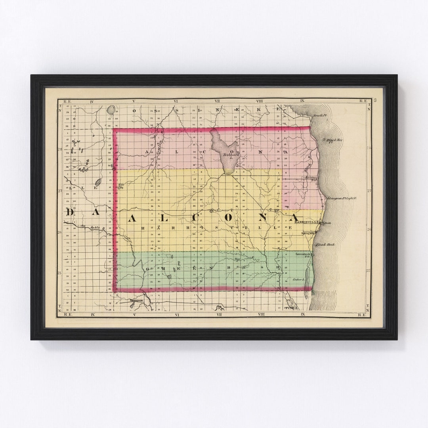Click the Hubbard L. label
tap(230, 156)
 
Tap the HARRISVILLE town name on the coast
tap(308, 222)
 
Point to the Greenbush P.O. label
tap(303, 255)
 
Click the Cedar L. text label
tap(298, 280)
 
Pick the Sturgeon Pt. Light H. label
tap(342, 198)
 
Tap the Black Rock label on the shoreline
tap(326, 245)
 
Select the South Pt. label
tap(319, 115)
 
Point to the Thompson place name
tap(136, 301)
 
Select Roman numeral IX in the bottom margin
tap(303, 314)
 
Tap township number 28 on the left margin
tap(59, 149)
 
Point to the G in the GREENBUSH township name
tap(147, 269)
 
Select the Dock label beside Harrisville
tap(327, 223)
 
